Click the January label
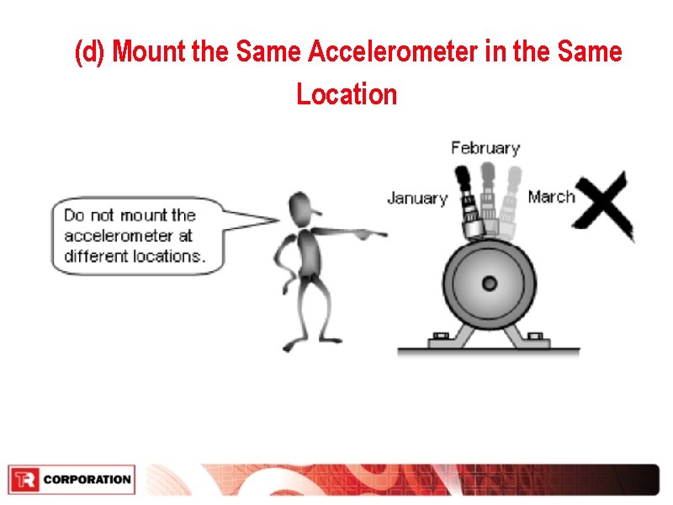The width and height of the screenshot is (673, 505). (416, 199)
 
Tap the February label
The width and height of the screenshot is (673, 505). (485, 148)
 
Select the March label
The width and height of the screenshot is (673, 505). (551, 197)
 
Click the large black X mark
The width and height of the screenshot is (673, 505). (604, 206)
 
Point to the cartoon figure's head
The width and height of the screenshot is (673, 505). (300, 207)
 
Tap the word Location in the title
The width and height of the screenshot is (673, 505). (347, 93)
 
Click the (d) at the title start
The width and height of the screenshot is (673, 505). (90, 52)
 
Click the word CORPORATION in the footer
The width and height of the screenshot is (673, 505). (87, 480)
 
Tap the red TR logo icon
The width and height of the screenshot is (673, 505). (24, 480)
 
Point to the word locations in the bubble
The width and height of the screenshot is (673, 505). (169, 256)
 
